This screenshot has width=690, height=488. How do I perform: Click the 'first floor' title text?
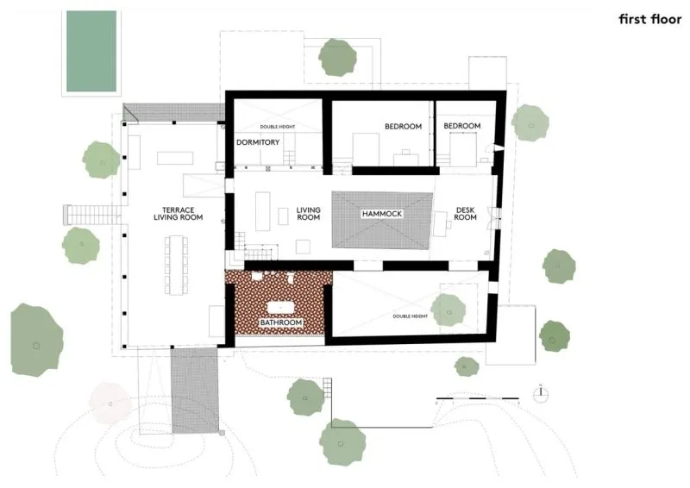[650, 19]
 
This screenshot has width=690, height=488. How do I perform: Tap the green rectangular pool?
[91, 51]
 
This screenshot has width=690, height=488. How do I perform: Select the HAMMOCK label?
[382, 214]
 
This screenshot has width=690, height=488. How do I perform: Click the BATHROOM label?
[281, 322]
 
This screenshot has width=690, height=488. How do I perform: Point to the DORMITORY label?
[258, 142]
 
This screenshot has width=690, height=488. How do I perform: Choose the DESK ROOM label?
[465, 214]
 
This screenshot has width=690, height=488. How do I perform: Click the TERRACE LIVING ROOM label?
[179, 214]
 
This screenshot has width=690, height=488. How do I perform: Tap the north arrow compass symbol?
[541, 393]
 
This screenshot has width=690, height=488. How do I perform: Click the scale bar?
[478, 398]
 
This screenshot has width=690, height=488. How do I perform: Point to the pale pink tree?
[110, 403]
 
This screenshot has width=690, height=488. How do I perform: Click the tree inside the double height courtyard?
[448, 310]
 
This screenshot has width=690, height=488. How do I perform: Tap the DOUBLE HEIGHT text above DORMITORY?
[278, 127]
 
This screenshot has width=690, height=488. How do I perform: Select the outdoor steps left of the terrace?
[91, 216]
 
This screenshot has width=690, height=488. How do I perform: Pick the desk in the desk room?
[440, 224]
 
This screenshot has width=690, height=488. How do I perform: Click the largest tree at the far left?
[36, 340]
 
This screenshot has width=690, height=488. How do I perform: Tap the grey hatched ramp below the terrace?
[195, 391]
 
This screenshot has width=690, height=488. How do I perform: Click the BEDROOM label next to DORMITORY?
[403, 126]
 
